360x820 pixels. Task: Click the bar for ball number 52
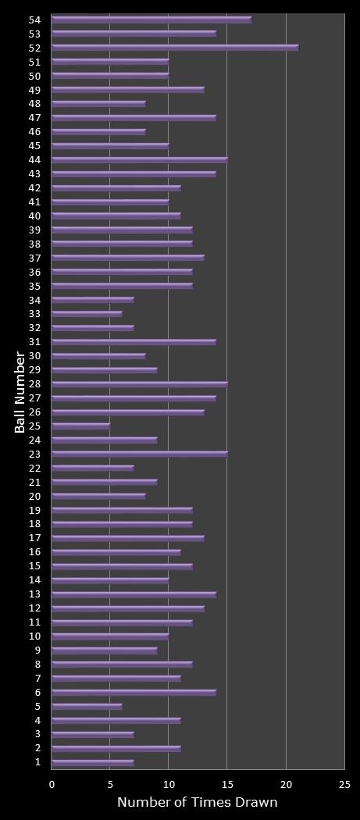(175, 48)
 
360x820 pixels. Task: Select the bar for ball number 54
(151, 20)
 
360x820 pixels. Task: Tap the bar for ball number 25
(81, 426)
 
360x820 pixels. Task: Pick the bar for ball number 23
(140, 454)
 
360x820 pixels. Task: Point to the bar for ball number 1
(93, 762)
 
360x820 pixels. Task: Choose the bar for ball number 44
(140, 160)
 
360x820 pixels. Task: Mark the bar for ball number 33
(87, 314)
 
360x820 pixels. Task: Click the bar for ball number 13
(134, 594)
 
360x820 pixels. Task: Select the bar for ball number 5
(87, 707)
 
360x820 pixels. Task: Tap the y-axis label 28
(35, 384)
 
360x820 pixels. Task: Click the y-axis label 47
(35, 118)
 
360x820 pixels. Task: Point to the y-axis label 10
(35, 636)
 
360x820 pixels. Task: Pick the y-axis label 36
(35, 272)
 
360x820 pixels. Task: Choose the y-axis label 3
(37, 734)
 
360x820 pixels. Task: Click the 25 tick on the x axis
(344, 785)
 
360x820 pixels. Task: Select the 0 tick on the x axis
(52, 785)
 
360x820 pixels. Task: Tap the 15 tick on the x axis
(227, 785)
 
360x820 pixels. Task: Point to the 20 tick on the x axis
(286, 785)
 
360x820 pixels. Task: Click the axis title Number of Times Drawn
(198, 803)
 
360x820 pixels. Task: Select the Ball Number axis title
(20, 393)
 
